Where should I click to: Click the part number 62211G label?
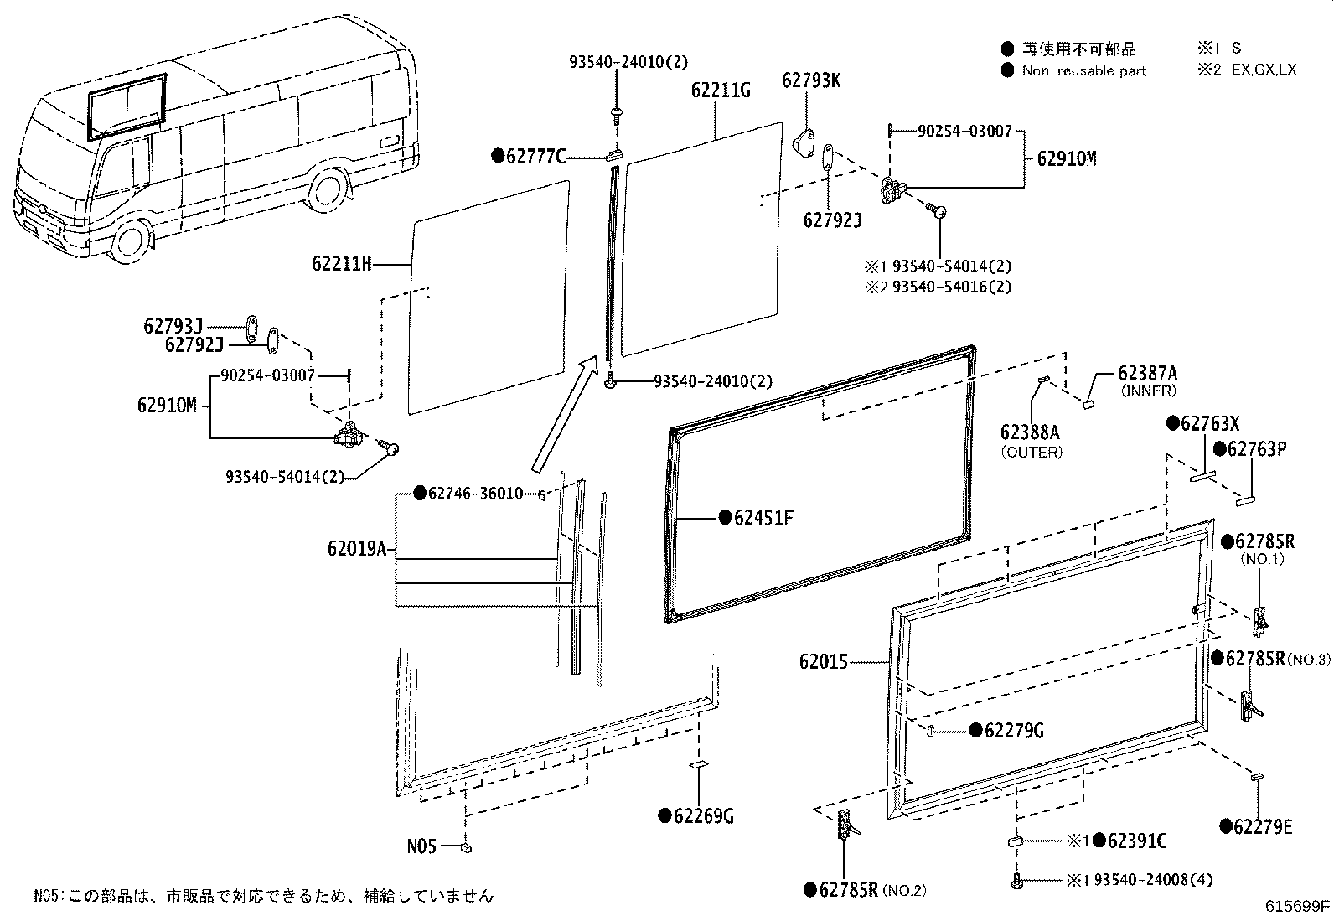721,90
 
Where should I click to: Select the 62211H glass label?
341,264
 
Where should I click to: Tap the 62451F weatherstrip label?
763,518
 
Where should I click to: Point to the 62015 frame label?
823,662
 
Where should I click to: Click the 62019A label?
357,550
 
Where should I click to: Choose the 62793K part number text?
810,80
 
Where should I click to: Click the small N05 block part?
465,847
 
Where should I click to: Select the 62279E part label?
1262,828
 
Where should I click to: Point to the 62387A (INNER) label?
1146,374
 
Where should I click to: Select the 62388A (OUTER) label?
1030,432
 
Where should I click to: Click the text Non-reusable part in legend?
1083,70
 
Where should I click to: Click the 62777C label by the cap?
536,156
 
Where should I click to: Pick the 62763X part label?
1209,423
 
